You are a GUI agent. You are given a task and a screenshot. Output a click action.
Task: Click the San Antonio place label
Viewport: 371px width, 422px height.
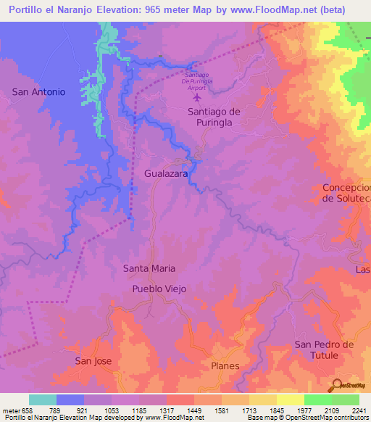click(x=39, y=92)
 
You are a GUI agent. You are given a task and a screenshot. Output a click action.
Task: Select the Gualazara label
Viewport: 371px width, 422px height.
click(x=167, y=175)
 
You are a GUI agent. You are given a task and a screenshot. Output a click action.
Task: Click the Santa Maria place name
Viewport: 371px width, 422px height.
click(x=149, y=268)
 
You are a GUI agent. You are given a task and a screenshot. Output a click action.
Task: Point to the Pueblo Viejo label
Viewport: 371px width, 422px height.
click(x=159, y=289)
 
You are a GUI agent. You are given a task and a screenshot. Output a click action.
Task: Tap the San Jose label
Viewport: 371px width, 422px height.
click(x=93, y=360)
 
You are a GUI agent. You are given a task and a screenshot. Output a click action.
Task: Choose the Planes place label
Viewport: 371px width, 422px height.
click(x=225, y=366)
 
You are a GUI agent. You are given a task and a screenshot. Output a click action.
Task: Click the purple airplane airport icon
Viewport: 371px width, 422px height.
click(x=197, y=96)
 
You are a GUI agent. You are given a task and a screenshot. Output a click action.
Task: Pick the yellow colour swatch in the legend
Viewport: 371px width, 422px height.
click(x=291, y=400)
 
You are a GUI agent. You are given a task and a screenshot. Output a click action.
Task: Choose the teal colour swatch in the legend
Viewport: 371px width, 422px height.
click(x=43, y=400)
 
